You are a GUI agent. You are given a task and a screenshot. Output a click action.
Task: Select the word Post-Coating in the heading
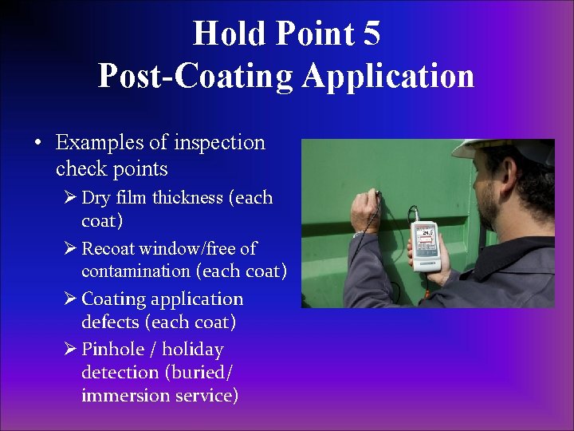click(195, 76)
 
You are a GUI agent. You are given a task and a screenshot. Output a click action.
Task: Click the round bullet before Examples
click(38, 144)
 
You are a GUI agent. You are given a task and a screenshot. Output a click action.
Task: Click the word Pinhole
click(112, 350)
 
